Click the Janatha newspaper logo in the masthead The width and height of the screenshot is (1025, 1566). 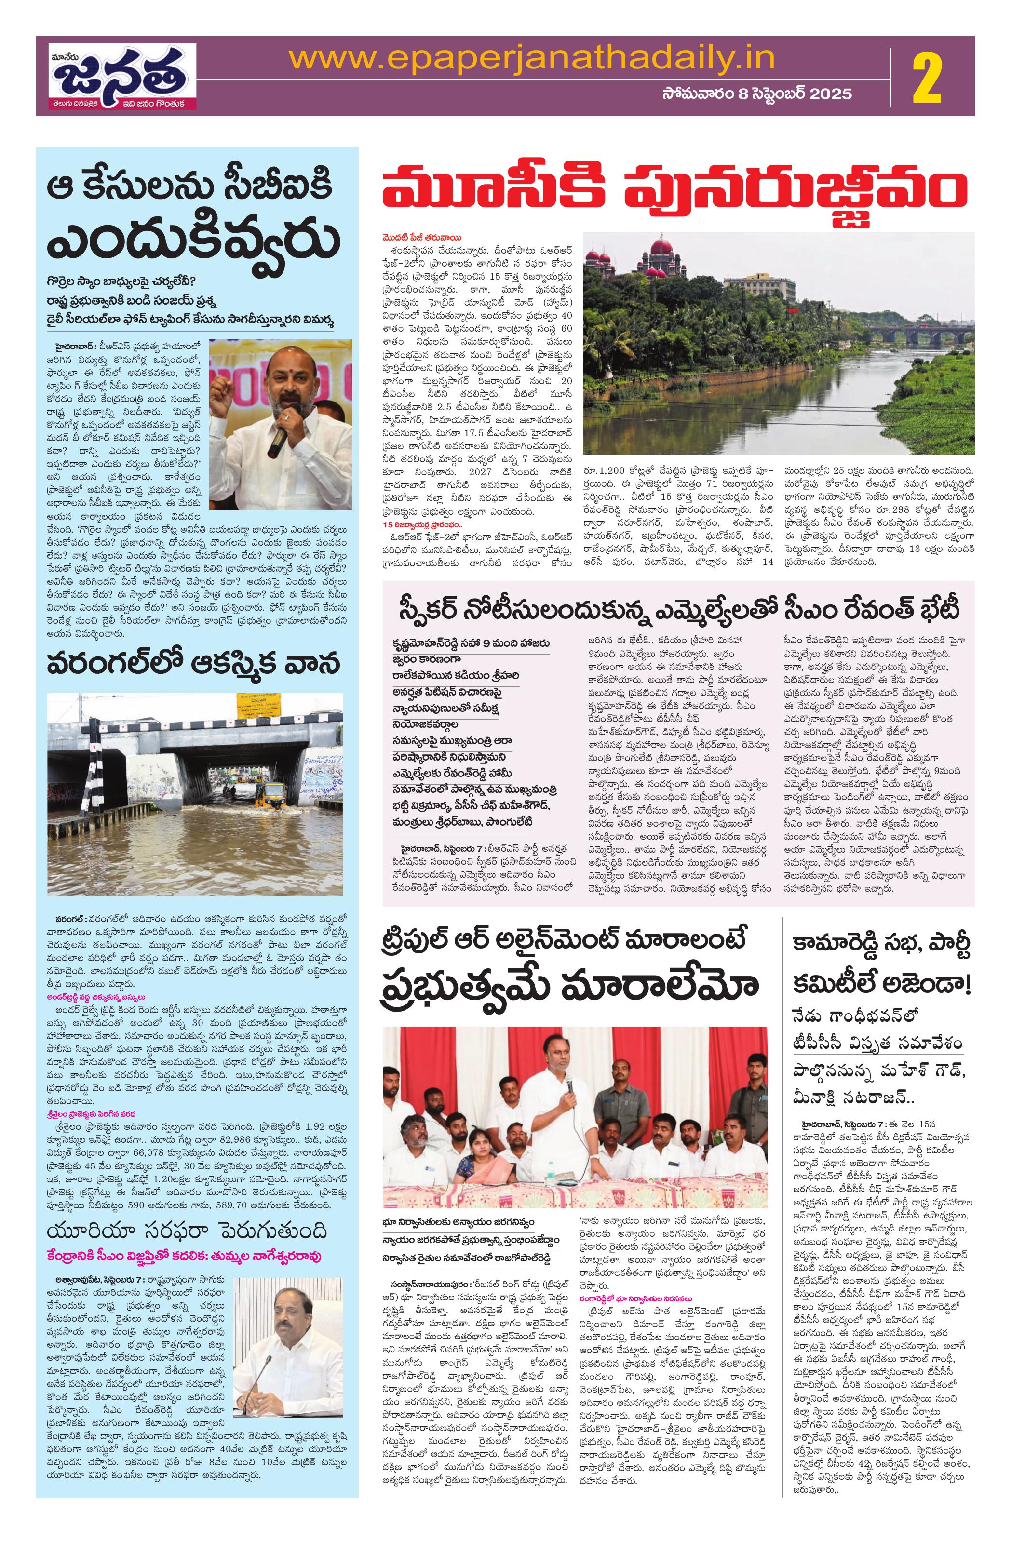[120, 76]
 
